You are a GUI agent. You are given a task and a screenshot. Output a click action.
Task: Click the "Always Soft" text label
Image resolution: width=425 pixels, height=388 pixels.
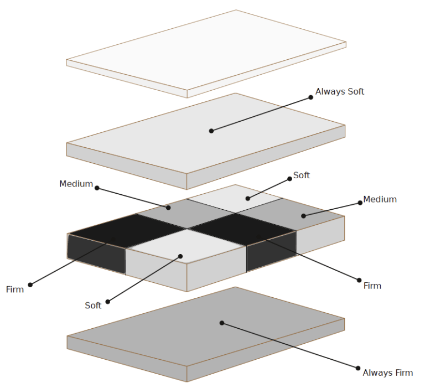coord(340,91)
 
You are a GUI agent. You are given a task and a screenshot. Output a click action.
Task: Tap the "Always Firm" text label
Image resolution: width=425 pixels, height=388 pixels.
coord(387,373)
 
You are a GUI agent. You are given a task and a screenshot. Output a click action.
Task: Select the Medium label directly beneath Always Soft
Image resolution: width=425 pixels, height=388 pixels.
coord(380,199)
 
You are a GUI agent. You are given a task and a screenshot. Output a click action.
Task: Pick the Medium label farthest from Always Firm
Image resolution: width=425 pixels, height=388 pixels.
coord(76,184)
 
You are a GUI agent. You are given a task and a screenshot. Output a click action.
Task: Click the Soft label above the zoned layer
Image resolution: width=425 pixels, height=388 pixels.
coord(302,175)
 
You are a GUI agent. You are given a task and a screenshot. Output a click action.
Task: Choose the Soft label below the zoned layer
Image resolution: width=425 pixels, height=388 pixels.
coord(93,305)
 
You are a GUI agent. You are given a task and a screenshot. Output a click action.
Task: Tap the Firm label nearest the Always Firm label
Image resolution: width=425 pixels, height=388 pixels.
coord(372,286)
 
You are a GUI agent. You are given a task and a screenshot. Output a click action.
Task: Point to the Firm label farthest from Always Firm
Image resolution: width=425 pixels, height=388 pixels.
coord(15,289)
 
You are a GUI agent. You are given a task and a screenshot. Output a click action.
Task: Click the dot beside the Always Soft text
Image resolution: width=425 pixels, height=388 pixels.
coord(311,97)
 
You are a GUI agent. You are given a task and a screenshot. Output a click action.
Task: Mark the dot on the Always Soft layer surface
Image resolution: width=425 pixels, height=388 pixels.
coord(211,131)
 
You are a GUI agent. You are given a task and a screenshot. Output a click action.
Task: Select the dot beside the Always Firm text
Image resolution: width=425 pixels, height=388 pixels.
coord(358,368)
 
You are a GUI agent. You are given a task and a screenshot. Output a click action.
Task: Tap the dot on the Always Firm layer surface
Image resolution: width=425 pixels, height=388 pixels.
coord(221,323)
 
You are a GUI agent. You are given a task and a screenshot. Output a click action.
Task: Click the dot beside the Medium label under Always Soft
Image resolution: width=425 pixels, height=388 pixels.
coord(360,203)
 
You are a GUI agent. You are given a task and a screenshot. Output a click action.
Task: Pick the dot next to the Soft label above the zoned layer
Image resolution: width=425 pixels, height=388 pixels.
coord(289,179)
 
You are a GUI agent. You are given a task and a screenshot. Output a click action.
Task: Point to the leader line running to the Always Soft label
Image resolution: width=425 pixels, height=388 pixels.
coord(260,114)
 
